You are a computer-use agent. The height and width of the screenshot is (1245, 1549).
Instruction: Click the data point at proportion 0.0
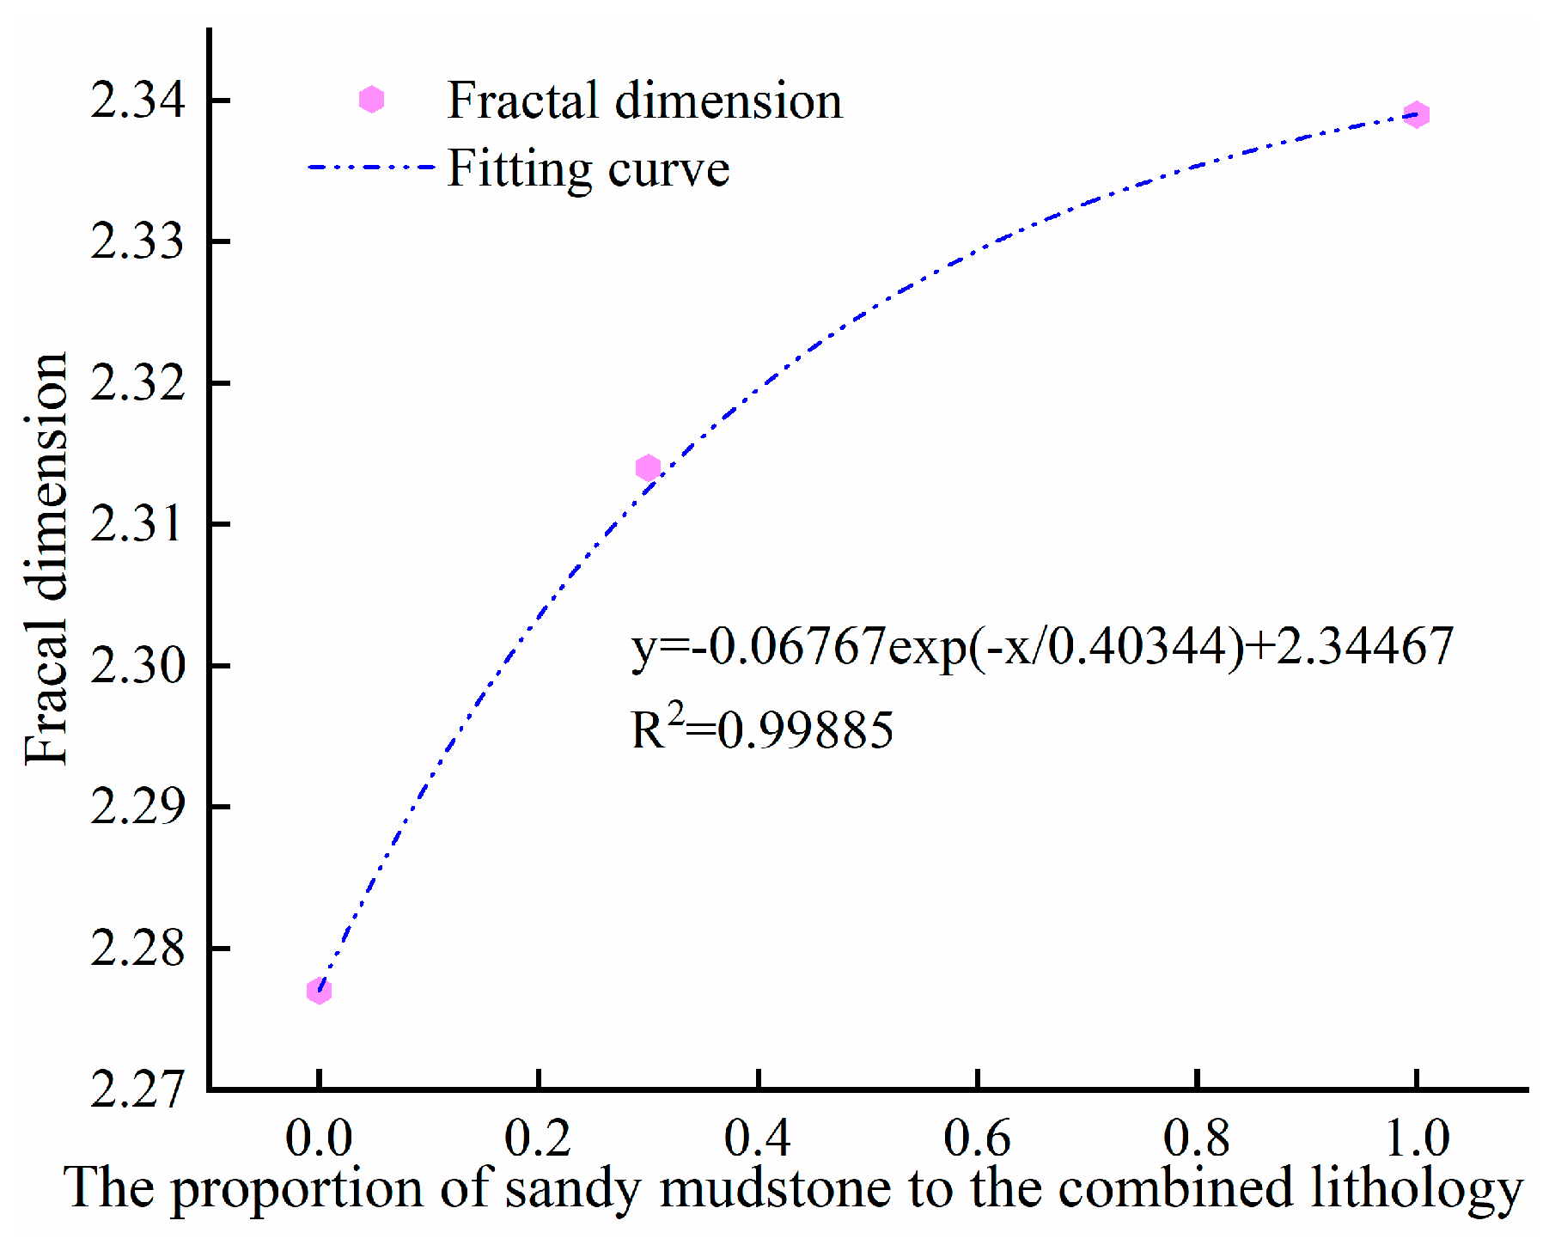[x=319, y=991]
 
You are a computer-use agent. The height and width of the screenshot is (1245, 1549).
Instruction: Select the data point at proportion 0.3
[x=648, y=468]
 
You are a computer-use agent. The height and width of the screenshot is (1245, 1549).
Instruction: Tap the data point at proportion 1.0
[x=1417, y=114]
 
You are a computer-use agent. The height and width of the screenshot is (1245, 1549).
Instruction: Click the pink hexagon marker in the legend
[x=371, y=100]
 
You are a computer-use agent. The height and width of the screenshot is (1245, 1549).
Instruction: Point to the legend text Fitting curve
[x=588, y=168]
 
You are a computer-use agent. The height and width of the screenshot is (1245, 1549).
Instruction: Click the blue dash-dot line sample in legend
[x=371, y=167]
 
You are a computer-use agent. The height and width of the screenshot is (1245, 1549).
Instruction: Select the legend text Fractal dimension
[x=644, y=101]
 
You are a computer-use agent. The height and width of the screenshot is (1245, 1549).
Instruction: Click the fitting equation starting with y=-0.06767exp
[x=1041, y=646]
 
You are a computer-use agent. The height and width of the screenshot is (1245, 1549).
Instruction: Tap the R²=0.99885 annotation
[x=762, y=729]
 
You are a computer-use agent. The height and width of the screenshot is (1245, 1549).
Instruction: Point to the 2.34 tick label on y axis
[x=137, y=101]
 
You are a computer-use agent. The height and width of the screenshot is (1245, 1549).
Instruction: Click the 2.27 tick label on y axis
[x=137, y=1089]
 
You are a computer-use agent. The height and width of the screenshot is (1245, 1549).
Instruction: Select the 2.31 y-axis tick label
[x=137, y=523]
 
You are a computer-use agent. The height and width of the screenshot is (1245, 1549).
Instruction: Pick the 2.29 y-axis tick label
[x=137, y=806]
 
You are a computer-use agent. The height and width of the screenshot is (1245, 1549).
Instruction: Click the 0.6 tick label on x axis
[x=977, y=1138]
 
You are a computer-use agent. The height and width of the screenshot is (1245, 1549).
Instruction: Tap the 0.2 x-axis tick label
[x=538, y=1138]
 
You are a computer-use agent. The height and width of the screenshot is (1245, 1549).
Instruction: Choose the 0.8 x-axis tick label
[x=1197, y=1138]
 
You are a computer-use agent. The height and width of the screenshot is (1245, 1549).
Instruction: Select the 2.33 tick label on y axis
[x=137, y=241]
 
